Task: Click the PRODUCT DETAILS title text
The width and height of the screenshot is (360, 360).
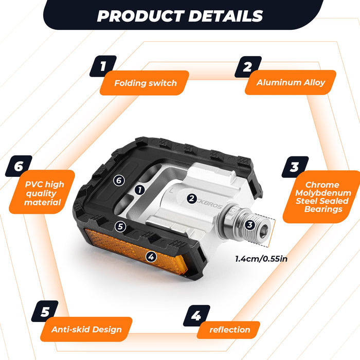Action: pos(180,16)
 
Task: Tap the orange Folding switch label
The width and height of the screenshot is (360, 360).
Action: pos(145,83)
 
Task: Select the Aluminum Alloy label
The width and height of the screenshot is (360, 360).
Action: pos(291,82)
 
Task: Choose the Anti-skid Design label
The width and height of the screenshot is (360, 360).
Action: pos(86,329)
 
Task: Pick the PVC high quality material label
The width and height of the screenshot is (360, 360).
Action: pos(42,192)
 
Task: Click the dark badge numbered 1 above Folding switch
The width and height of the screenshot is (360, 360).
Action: pos(103,66)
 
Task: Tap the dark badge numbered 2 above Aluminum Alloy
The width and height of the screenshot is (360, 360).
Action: pos(248,66)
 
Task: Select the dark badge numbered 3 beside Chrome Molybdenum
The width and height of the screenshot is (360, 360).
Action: pos(295,167)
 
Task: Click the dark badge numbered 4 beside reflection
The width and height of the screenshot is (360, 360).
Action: pos(196,315)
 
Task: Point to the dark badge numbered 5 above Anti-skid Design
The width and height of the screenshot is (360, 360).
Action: pos(45,311)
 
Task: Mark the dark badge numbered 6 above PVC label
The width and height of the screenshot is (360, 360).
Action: pos(19,166)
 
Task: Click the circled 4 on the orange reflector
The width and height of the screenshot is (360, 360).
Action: pos(151,257)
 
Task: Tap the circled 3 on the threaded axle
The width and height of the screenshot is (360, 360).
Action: pos(250,225)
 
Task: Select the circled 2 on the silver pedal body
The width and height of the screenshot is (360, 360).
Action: pos(192,199)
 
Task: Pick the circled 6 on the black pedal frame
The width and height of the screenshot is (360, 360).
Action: pos(119,181)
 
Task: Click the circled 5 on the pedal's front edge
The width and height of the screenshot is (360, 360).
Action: pos(120,227)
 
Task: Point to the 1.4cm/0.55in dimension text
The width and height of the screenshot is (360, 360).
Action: pos(261,259)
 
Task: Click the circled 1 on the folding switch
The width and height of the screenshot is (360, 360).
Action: pos(140,190)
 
